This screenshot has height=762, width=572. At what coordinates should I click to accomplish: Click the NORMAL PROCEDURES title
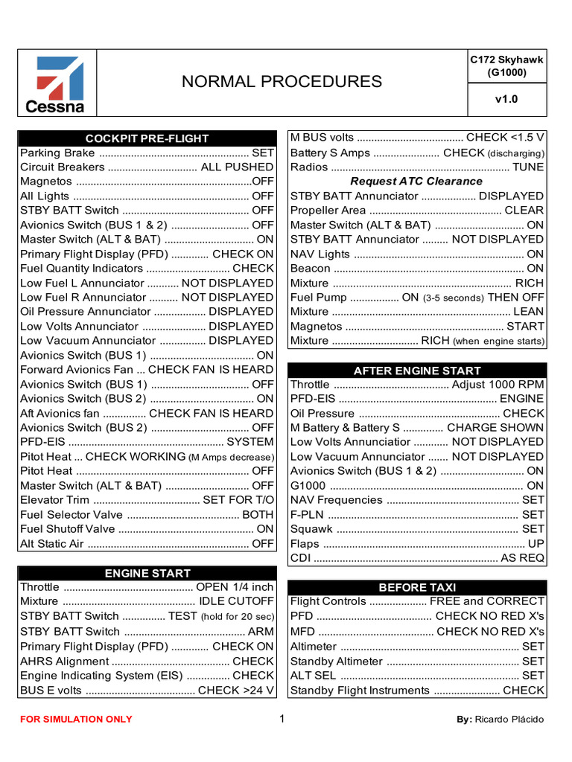click(x=282, y=82)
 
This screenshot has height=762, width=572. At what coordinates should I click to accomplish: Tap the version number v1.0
click(x=506, y=99)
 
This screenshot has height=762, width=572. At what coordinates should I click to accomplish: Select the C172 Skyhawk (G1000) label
click(x=506, y=66)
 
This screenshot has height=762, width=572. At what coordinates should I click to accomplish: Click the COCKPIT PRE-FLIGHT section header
click(x=147, y=138)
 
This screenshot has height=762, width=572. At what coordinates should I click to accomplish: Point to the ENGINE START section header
click(x=147, y=572)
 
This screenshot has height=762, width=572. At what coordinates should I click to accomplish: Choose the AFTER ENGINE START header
click(x=417, y=371)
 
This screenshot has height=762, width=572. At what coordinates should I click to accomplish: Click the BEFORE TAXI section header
click(x=417, y=587)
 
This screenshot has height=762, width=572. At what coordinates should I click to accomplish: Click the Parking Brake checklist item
click(x=147, y=153)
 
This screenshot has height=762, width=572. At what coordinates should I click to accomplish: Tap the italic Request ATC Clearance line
click(x=416, y=181)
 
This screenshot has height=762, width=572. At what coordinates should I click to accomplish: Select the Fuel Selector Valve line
click(x=147, y=514)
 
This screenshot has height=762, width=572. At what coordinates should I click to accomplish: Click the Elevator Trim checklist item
click(x=147, y=500)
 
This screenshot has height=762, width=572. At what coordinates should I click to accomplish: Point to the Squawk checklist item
click(x=417, y=529)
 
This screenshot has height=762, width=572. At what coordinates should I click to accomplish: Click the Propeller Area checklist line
click(x=417, y=211)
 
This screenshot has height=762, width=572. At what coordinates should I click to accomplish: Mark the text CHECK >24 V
click(x=235, y=690)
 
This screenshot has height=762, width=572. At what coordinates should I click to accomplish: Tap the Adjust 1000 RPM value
click(x=498, y=385)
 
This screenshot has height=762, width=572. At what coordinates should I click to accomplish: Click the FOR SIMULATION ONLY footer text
click(x=76, y=720)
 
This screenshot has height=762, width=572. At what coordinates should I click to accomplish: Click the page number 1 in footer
click(x=282, y=719)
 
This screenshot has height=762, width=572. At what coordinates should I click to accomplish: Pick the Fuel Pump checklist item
click(x=417, y=297)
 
